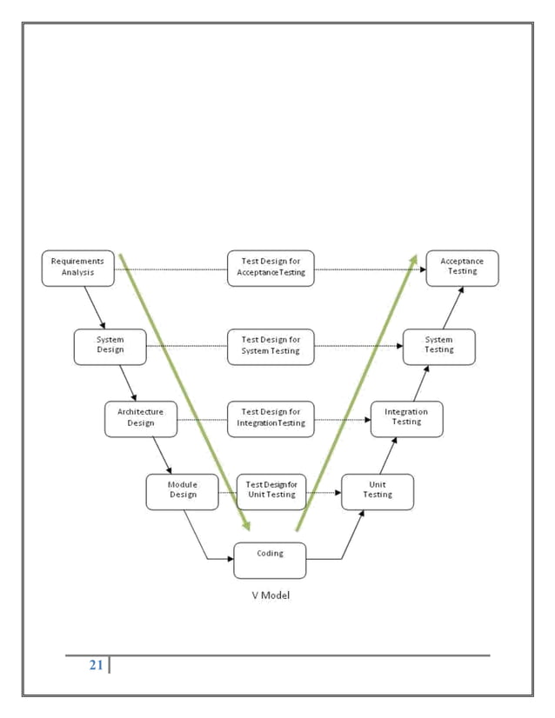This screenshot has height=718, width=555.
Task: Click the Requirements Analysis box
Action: click(x=77, y=268)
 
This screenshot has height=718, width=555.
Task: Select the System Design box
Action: click(x=110, y=346)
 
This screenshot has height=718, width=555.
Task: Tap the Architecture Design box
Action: click(x=141, y=418)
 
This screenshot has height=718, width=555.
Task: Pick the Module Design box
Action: click(x=182, y=491)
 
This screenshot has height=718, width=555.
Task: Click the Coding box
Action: click(x=270, y=560)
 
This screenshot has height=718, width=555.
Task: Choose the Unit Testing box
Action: click(x=377, y=491)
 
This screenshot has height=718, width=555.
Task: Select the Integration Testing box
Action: click(x=406, y=418)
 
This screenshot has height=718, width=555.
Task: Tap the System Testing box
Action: click(x=438, y=346)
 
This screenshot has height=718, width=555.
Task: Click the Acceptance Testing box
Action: click(x=462, y=268)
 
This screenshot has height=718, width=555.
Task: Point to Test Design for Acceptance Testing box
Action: click(x=271, y=268)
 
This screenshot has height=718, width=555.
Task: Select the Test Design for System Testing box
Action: click(x=271, y=346)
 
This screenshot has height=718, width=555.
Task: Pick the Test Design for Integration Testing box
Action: click(x=271, y=418)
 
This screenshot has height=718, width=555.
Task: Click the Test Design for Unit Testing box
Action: click(x=271, y=491)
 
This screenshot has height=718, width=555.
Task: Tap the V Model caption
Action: click(x=270, y=595)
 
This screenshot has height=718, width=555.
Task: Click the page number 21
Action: click(x=96, y=666)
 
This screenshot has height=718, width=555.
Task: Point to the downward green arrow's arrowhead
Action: click(x=246, y=524)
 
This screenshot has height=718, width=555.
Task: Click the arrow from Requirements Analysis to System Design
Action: click(x=95, y=307)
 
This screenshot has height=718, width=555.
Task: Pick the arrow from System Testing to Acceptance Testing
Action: click(x=453, y=307)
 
